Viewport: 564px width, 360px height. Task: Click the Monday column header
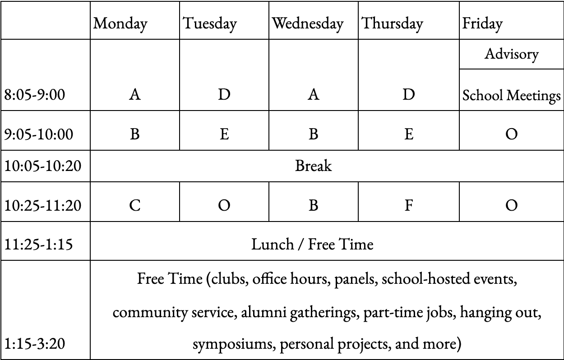[120, 23]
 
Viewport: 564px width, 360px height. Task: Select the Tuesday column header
[209, 23]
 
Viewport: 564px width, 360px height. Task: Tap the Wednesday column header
[308, 23]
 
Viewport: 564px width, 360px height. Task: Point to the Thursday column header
[393, 23]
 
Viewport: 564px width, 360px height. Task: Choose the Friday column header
[482, 23]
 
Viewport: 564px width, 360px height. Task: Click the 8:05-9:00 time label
[35, 95]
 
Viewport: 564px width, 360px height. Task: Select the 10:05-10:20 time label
[43, 166]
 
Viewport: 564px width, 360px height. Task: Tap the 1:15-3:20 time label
[35, 344]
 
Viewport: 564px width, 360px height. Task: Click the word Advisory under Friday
[511, 54]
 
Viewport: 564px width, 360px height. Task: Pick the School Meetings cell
[511, 95]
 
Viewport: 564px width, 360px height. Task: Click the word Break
[313, 166]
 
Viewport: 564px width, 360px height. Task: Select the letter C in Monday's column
[134, 206]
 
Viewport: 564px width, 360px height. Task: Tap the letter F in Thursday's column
[408, 206]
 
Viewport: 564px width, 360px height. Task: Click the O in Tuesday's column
[224, 206]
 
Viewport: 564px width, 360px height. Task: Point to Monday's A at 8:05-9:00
[134, 95]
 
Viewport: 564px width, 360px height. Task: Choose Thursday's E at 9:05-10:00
[408, 134]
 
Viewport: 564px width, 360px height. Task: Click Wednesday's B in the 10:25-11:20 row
[313, 206]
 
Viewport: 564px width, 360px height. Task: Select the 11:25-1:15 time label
[39, 245]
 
